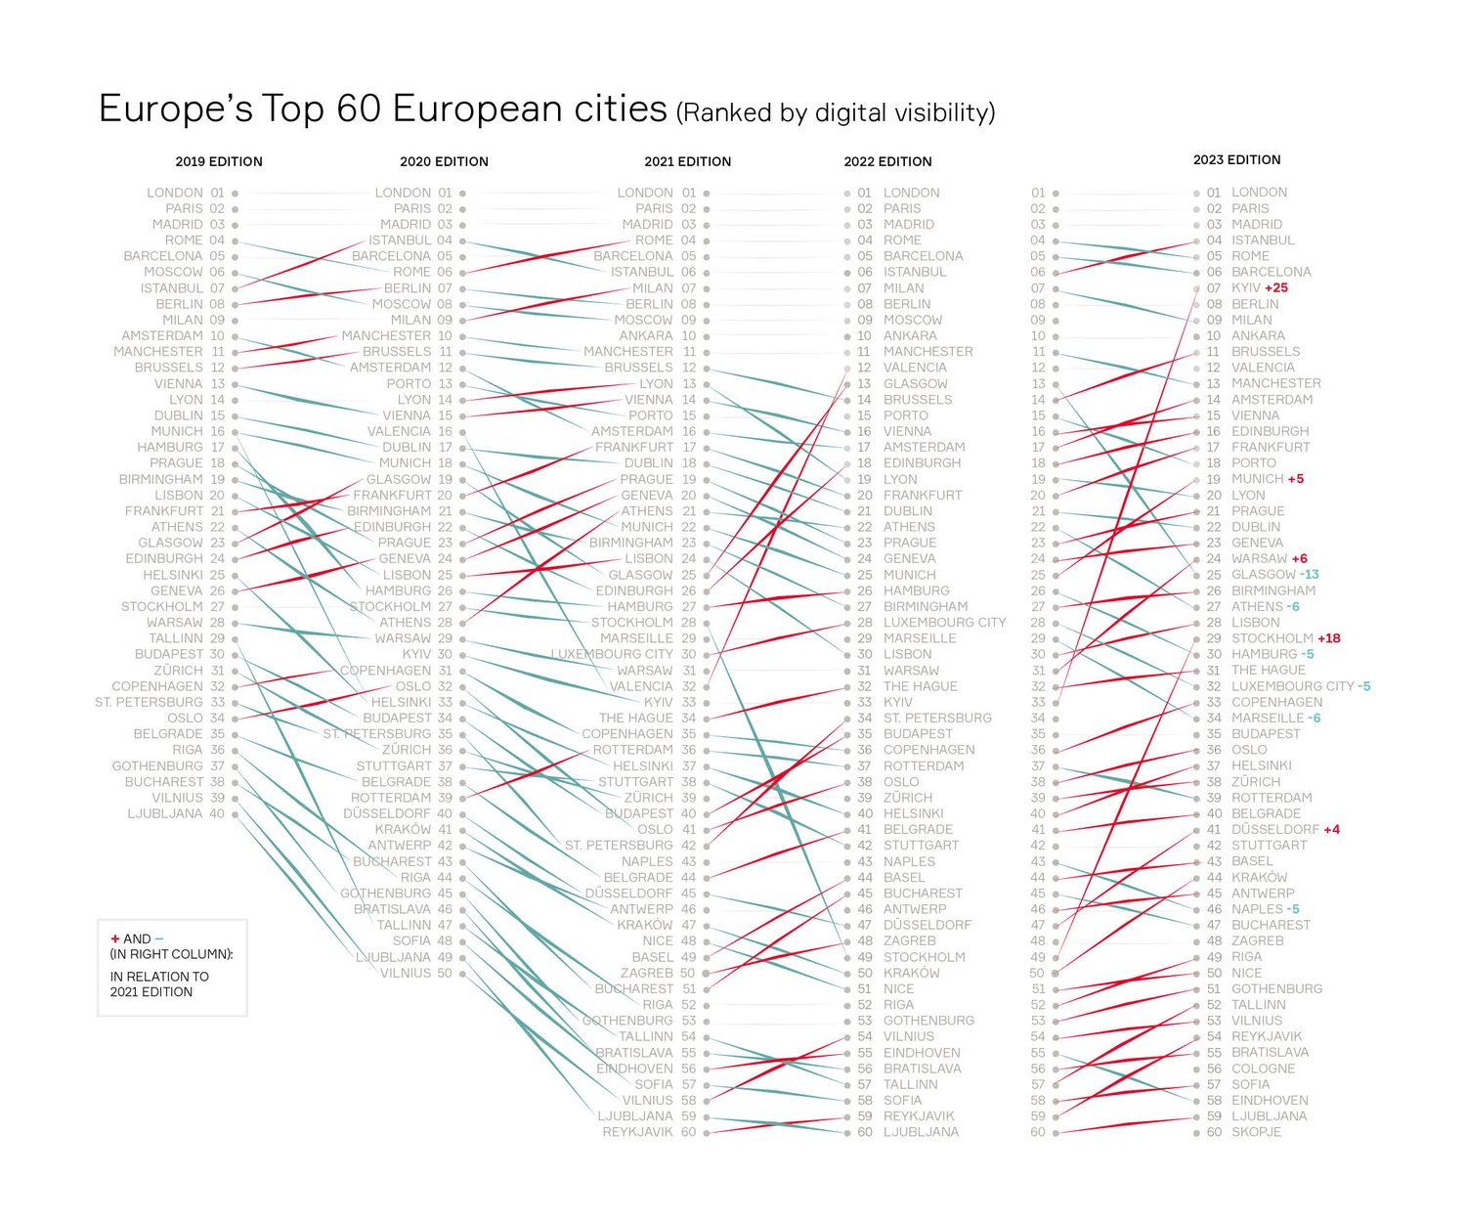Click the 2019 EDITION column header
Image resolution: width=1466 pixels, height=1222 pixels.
coord(219,161)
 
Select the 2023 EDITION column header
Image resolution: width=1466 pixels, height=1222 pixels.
coord(1236,159)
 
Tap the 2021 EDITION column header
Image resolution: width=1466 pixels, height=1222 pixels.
coord(687,161)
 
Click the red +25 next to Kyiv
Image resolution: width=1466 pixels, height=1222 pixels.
coord(1276,288)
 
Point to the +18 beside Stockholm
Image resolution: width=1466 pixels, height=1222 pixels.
coord(1329,638)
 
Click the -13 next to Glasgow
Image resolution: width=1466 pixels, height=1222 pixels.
coord(1310,575)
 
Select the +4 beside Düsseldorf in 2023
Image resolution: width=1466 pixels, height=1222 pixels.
coord(1331,829)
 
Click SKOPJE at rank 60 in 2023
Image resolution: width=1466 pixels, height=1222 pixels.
coord(1256,1132)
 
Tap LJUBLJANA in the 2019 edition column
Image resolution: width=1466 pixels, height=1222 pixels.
coord(164,813)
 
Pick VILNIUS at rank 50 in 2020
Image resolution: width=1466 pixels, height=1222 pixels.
coord(406,973)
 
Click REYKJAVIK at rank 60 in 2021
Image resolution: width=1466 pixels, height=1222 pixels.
coord(637,1132)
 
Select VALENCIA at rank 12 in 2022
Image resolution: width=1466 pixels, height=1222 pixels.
coord(915,368)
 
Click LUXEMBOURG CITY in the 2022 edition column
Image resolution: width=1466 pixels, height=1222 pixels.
coord(944,623)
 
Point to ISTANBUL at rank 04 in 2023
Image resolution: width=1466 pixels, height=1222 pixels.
coord(1263,240)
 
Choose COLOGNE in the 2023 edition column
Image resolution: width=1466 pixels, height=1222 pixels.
coord(1263,1069)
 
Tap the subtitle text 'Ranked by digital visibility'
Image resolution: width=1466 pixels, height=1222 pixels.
coord(836,113)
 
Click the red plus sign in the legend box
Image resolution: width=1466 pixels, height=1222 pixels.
coord(115,938)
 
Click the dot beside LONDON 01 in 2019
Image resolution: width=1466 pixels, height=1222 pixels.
coord(236,194)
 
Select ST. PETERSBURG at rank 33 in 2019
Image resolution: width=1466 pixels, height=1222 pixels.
coord(149,702)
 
